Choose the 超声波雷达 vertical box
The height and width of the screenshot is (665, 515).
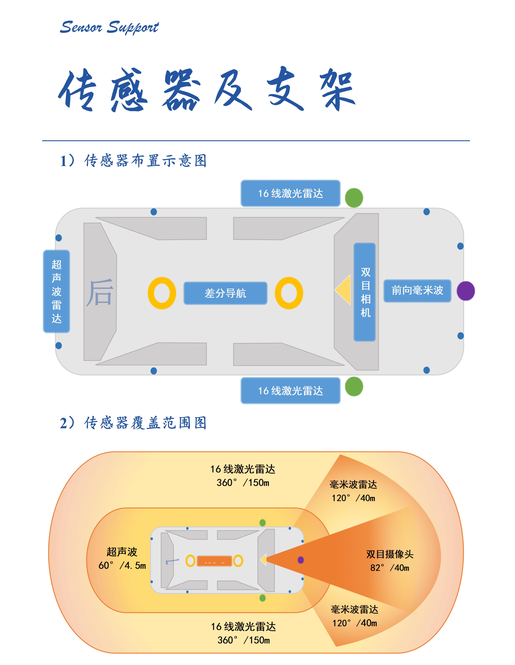tap(57, 291)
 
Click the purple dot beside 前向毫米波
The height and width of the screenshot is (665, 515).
tap(466, 291)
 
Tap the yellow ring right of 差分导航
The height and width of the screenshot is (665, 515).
tap(289, 293)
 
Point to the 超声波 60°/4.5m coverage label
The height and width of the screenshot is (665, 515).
tap(122, 558)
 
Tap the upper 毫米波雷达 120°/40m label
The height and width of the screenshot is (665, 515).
tap(353, 491)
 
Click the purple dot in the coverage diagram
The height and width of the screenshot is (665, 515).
tap(301, 560)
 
